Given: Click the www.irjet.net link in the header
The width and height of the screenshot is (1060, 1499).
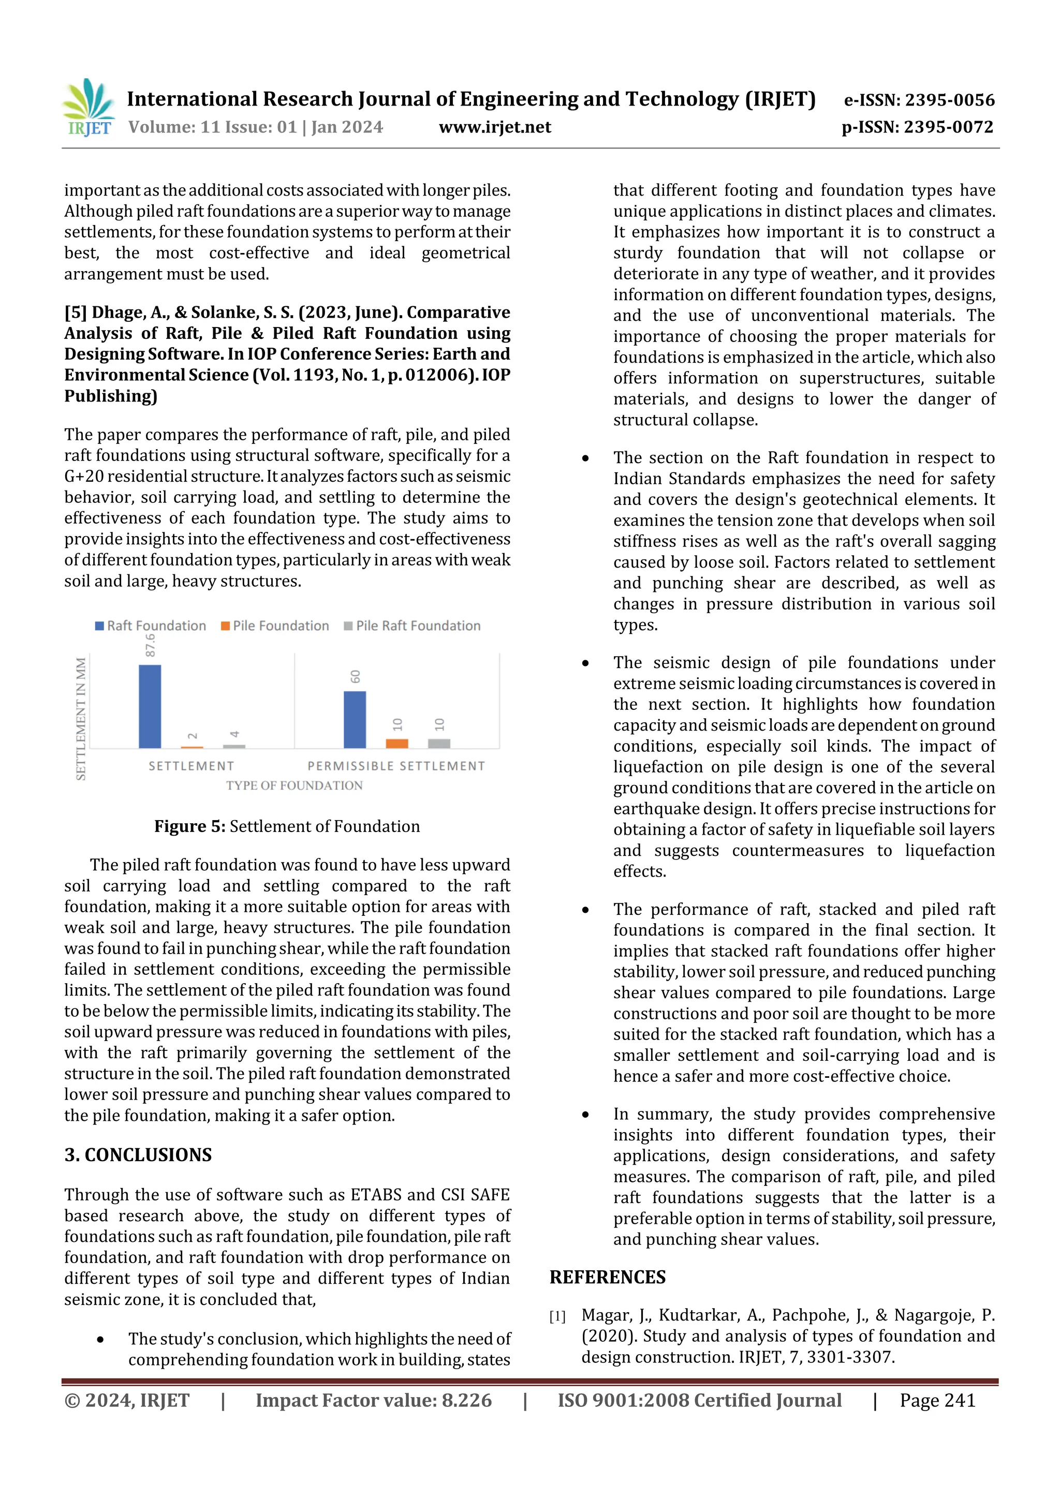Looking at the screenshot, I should tap(494, 127).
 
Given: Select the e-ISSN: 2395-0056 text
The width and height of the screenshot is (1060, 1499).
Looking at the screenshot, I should tap(919, 100).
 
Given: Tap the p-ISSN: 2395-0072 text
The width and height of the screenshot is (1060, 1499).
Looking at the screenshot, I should tap(917, 127).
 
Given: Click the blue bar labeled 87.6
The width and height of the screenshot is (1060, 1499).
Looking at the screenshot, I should tap(150, 706).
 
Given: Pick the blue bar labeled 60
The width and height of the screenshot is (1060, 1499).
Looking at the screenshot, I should tap(355, 719).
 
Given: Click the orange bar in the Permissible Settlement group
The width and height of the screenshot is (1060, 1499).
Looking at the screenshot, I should tap(396, 743).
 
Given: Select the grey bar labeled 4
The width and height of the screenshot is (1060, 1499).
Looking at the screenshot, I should tap(234, 746).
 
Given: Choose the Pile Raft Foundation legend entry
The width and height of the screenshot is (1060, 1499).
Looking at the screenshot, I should tap(412, 626).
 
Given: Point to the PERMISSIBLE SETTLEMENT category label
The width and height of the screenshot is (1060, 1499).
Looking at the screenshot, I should tap(396, 766).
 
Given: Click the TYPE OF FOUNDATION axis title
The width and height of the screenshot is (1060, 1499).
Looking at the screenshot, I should tap(294, 785).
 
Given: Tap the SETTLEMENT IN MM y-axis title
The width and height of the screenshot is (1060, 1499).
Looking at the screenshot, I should tap(81, 718).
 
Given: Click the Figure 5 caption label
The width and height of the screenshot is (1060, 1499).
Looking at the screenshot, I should tap(189, 826).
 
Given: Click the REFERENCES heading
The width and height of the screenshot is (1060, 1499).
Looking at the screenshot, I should tap(608, 1277).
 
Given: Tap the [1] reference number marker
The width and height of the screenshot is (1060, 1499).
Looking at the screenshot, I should tap(557, 1316).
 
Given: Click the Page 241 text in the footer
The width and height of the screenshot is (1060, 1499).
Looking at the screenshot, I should tap(937, 1400).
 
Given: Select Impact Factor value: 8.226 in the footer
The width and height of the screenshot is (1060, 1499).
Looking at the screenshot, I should tap(374, 1400).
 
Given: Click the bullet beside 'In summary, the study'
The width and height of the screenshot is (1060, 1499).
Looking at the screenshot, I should tap(585, 1115).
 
